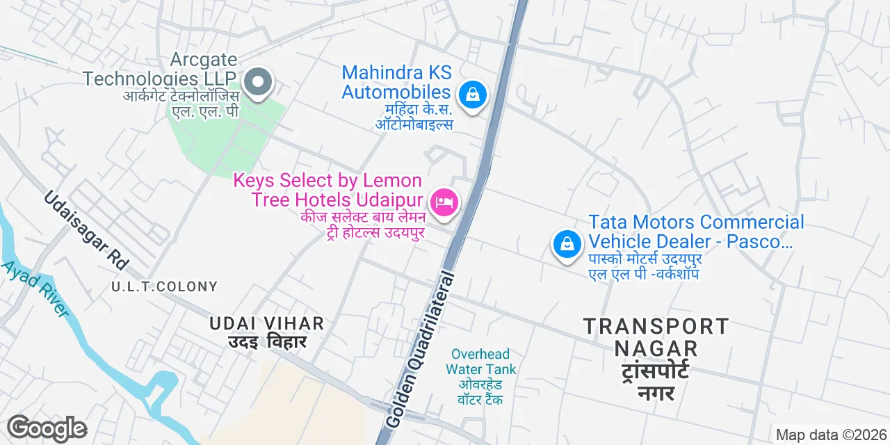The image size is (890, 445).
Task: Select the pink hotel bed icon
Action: (444, 203)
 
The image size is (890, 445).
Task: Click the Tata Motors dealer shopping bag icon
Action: (567, 244)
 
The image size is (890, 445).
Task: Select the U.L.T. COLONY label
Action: (165, 286)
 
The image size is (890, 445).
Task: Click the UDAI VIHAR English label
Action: (267, 323)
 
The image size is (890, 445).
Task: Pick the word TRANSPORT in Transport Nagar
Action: (656, 326)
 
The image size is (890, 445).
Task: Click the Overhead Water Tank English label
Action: (480, 362)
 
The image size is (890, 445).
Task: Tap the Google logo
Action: (47, 428)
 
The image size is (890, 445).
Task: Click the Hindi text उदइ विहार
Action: (267, 342)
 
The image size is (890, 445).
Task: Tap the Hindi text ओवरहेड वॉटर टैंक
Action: (480, 392)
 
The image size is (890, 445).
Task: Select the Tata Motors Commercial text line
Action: (696, 222)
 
